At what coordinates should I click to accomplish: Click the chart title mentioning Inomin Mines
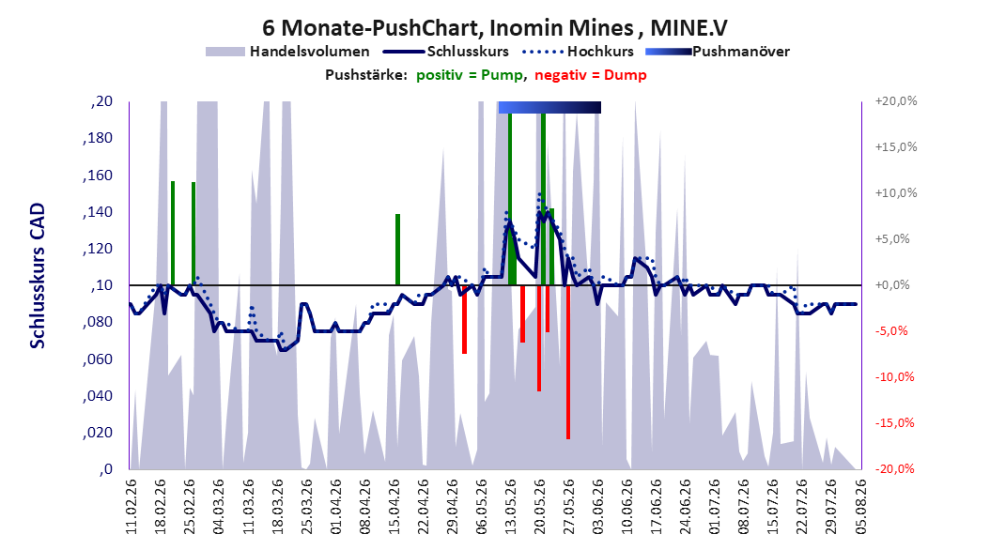[x=495, y=28]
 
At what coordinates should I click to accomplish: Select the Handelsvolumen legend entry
[x=287, y=52]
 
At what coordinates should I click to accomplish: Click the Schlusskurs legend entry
[x=446, y=52]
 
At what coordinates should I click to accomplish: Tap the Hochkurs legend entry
[x=578, y=52]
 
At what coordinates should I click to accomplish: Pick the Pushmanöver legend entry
[x=718, y=52]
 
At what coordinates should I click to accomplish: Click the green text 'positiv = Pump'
[x=470, y=75]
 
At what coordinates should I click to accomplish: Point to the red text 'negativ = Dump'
[x=591, y=75]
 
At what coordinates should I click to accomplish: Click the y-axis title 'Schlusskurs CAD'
[x=38, y=276]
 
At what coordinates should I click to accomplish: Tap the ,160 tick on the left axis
[x=98, y=175]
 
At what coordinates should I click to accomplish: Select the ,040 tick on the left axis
[x=98, y=395]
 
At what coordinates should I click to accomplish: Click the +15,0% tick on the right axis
[x=896, y=147]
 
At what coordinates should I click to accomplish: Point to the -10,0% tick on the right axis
[x=894, y=377]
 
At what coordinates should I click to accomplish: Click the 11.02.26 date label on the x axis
[x=131, y=507]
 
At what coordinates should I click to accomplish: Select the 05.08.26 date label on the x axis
[x=860, y=507]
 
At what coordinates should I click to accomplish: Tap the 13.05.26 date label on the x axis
[x=510, y=507]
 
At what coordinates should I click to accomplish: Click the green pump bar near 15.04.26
[x=397, y=250]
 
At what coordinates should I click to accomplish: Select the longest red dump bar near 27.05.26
[x=568, y=362]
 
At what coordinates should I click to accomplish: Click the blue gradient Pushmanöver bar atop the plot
[x=549, y=107]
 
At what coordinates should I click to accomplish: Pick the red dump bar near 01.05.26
[x=464, y=319]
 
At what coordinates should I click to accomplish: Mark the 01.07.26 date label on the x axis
[x=714, y=507]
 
